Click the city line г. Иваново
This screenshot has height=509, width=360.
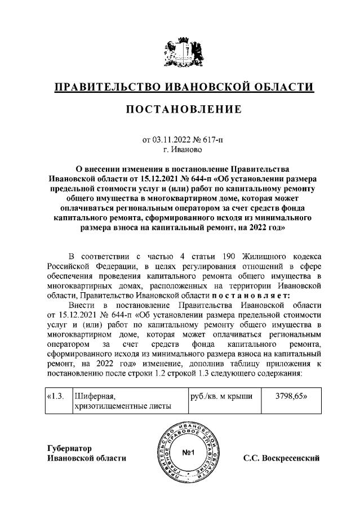click(x=180, y=149)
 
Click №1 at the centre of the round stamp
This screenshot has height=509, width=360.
click(x=189, y=453)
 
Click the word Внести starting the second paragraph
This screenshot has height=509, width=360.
click(x=79, y=305)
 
